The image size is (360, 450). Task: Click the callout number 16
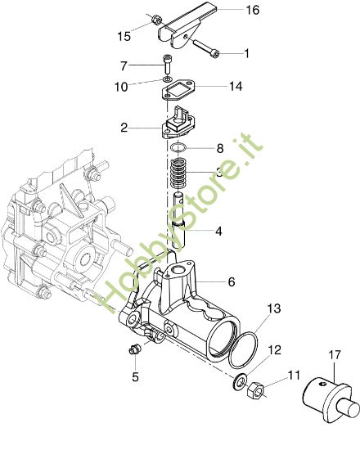(x=253, y=11)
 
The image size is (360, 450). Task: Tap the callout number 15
(x=123, y=36)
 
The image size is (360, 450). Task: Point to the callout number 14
(x=236, y=86)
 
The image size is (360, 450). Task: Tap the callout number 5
(x=136, y=377)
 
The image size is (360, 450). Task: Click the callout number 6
(x=232, y=281)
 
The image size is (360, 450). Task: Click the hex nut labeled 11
(x=254, y=392)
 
